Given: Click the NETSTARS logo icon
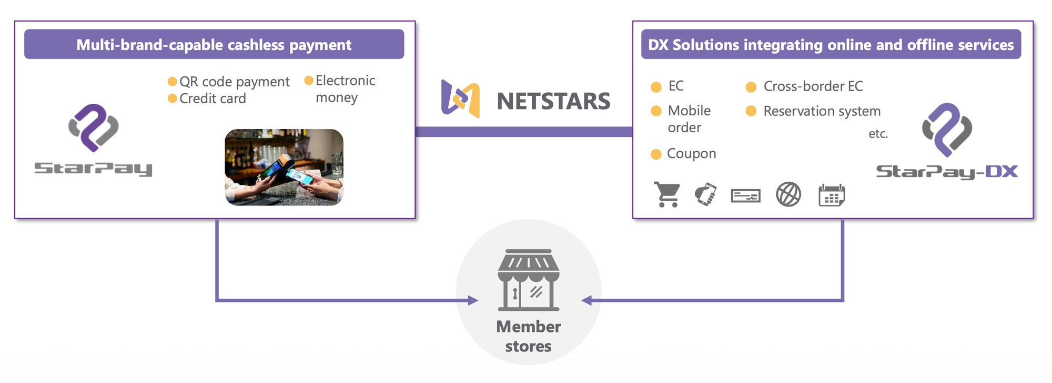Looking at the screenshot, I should point(460,99).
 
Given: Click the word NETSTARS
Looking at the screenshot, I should point(553,101).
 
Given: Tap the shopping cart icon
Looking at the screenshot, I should point(667,194).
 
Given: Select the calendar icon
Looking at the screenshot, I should point(832,195).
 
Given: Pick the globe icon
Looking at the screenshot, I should point(788,194).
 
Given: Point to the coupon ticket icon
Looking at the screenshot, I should point(745,196).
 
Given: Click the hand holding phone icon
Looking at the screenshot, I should point(705,194).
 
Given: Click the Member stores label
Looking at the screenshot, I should point(529,336).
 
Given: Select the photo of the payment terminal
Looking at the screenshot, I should point(284,167).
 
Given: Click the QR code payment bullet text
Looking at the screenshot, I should point(234,82).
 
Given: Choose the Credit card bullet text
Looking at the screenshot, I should point(213,99).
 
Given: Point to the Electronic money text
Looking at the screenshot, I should point(345,89).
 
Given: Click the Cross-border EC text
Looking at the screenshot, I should point(813,86).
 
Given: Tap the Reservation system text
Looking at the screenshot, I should point(822,111).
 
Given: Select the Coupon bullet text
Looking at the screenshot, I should point(691,154).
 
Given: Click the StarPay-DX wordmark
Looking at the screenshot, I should point(947,172).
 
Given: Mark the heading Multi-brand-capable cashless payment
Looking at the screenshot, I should point(214,45).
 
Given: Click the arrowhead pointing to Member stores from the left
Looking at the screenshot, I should point(473,300).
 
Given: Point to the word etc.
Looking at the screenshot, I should point(878,134).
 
